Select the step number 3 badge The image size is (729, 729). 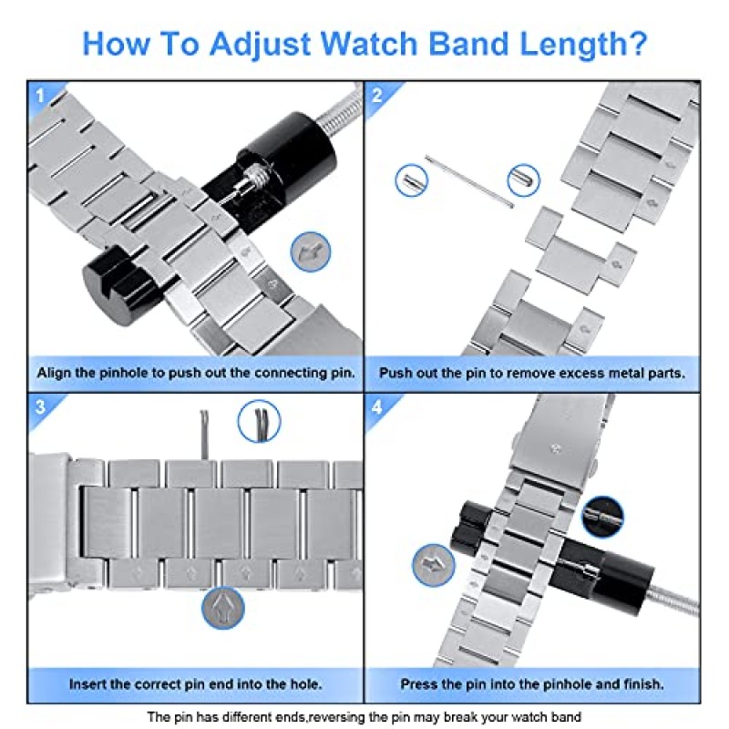pos(40,407)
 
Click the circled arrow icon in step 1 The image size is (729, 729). pos(311,251)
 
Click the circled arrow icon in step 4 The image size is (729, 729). pos(433,565)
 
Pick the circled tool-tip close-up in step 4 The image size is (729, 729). pos(602,516)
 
